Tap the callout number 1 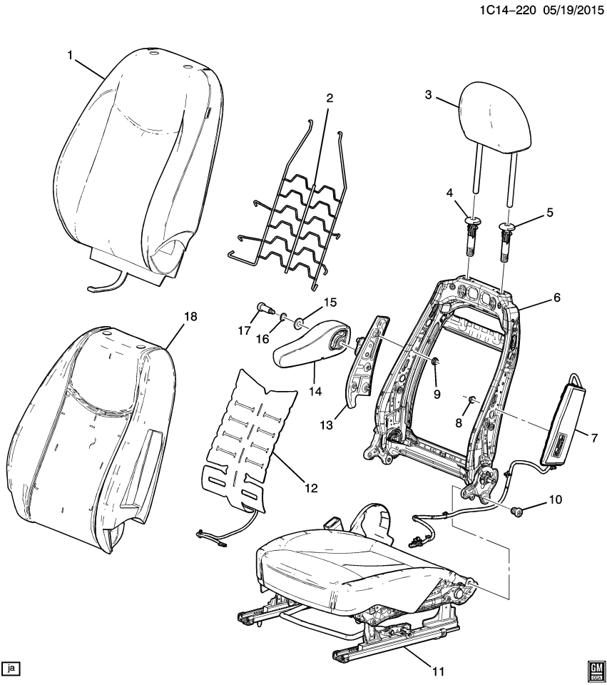(x=71, y=55)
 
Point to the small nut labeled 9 (x=434, y=365)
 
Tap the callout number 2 (x=329, y=98)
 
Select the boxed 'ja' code (x=11, y=668)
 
